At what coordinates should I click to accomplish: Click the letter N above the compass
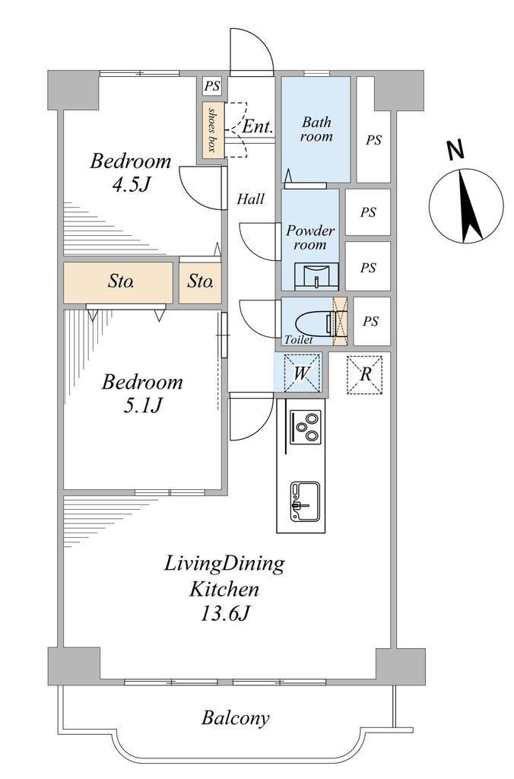(455, 150)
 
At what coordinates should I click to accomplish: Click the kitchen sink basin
(305, 502)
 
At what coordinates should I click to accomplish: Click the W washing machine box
(302, 373)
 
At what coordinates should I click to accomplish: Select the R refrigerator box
(364, 374)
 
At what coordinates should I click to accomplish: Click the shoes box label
(213, 129)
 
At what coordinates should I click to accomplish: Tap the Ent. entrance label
(257, 126)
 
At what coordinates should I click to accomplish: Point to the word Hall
(250, 199)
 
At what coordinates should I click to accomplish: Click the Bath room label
(316, 129)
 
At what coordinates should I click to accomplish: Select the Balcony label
(236, 718)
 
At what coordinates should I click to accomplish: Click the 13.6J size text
(224, 614)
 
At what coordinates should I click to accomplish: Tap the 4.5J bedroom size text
(131, 185)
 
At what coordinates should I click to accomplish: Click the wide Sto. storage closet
(118, 282)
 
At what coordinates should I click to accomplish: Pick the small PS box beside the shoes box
(212, 86)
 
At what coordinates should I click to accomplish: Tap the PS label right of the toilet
(370, 322)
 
